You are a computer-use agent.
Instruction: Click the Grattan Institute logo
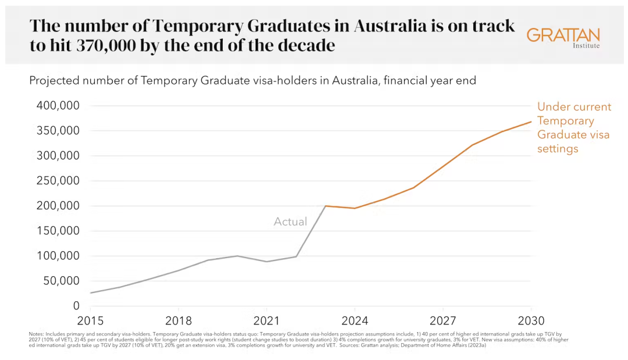coord(563,37)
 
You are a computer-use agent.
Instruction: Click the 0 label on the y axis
coord(76,306)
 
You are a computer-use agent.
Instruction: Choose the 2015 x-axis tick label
coord(90,321)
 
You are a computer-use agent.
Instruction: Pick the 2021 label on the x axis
coord(266,321)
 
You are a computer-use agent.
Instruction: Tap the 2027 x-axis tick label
coord(443,321)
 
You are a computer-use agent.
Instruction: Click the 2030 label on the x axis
coord(531,321)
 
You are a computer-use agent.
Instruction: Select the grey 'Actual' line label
coord(290,222)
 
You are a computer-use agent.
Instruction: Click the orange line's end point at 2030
coord(531,122)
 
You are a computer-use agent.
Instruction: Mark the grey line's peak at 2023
coord(325,206)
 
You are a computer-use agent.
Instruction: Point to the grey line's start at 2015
coord(91,293)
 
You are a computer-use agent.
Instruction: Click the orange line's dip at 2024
coord(355,208)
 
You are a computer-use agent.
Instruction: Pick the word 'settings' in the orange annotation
coord(558,149)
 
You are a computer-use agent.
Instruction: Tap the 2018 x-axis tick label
coord(179,321)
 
